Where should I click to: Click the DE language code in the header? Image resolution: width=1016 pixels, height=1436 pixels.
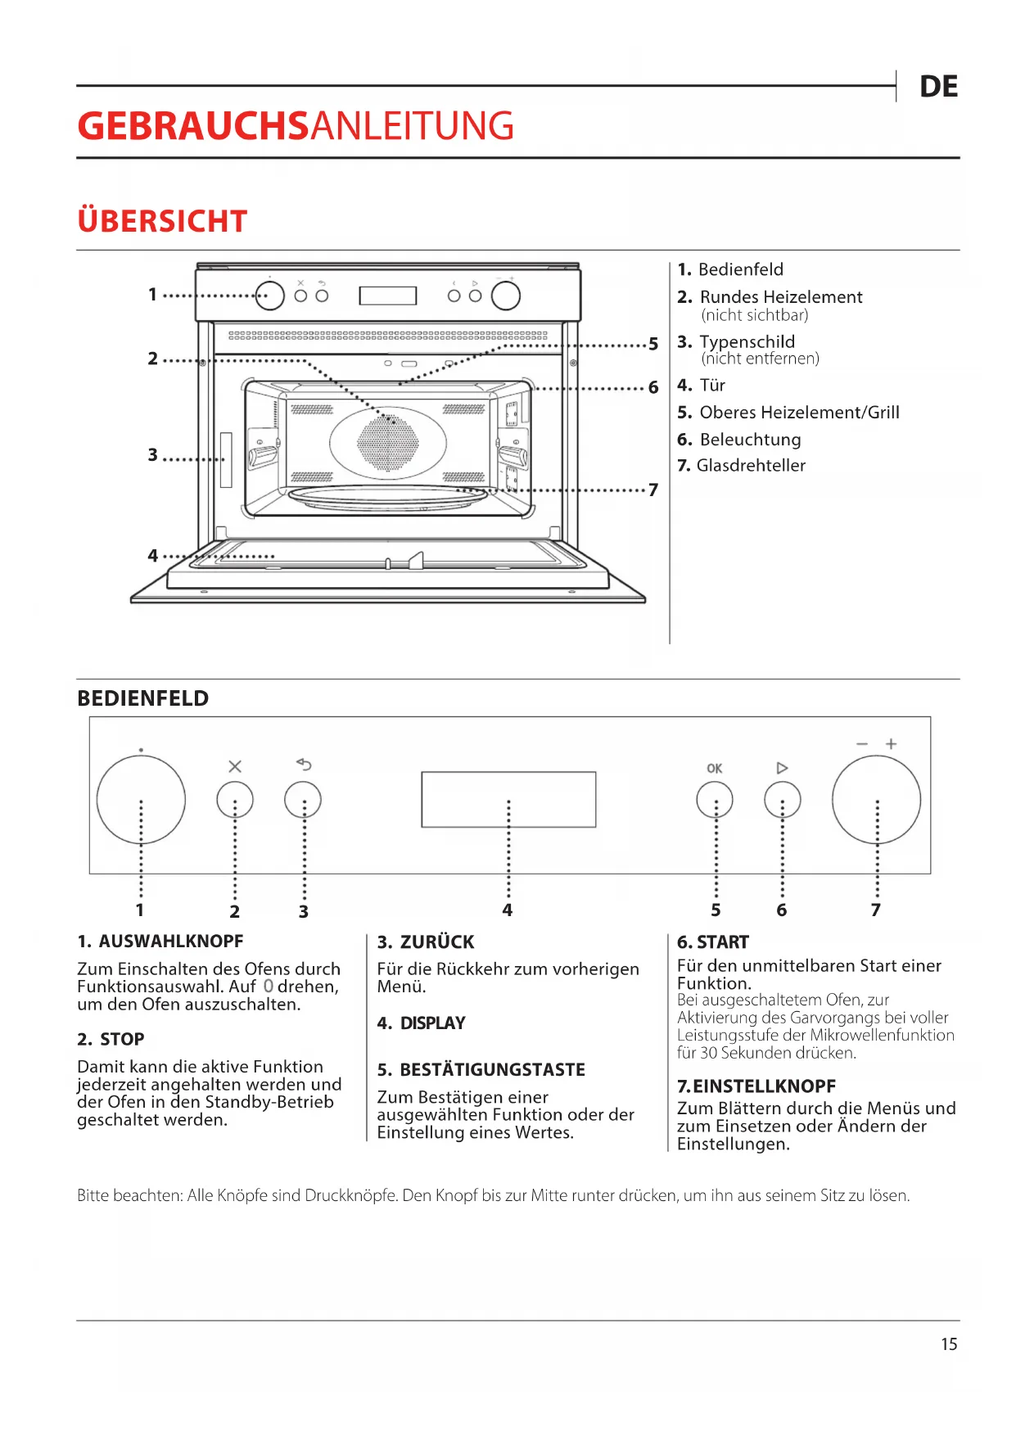(938, 87)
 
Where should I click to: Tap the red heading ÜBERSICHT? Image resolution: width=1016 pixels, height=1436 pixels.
(162, 220)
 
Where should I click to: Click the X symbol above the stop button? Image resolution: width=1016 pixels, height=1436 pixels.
(235, 766)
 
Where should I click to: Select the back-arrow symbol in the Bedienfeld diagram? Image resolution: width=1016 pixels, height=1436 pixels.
(304, 765)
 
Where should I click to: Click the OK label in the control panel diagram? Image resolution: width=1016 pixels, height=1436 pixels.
(715, 768)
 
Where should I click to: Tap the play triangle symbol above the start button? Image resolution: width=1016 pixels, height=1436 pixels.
(782, 768)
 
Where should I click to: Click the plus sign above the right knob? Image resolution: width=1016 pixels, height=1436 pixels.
(891, 743)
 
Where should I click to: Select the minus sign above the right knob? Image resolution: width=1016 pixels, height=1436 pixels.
(862, 744)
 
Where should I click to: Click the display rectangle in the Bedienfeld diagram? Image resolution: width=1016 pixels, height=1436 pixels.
(508, 799)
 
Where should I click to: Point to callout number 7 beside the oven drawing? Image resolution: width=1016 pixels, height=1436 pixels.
(653, 490)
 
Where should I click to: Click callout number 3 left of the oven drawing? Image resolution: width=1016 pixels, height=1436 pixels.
(153, 454)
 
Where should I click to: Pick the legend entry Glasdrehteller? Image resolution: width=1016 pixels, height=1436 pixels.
(751, 465)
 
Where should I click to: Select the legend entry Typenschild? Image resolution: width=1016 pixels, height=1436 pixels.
(747, 341)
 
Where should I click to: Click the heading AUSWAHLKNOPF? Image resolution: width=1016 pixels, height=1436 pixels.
(171, 942)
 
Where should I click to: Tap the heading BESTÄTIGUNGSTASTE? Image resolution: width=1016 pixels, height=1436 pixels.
(492, 1069)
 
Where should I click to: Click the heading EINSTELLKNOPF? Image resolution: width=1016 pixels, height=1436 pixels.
(765, 1086)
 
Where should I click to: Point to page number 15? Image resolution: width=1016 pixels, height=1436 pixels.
(949, 1344)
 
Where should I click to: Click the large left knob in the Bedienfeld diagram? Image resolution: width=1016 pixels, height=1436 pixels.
(141, 800)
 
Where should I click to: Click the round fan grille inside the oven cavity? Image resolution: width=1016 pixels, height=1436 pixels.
(388, 443)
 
